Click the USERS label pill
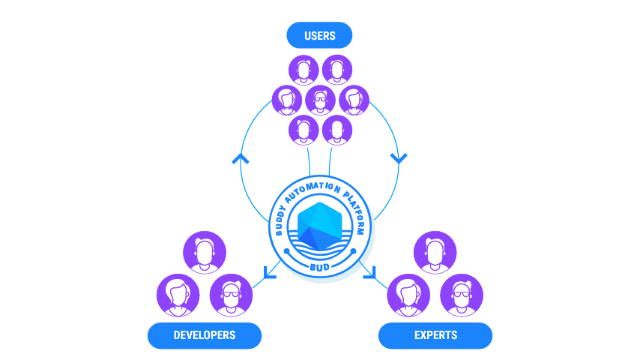click(x=319, y=36)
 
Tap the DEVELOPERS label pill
click(x=204, y=335)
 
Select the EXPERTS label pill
click(x=435, y=335)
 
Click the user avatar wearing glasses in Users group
click(x=320, y=100)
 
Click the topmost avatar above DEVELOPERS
click(x=205, y=252)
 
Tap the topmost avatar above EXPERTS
click(x=435, y=252)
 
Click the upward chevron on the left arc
click(x=241, y=159)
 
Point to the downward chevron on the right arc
click(x=399, y=158)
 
